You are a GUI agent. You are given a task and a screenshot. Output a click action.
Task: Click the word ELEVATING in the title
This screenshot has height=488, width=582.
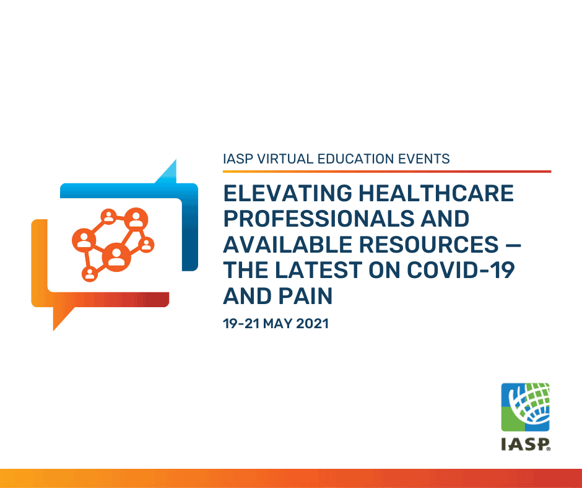tap(288, 193)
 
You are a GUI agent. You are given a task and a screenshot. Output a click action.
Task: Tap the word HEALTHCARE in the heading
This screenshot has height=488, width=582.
tap(436, 193)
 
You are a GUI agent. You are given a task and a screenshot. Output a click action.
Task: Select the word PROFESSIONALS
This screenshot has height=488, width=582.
tap(318, 219)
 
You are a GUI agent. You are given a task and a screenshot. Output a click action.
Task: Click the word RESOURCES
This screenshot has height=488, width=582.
tap(428, 245)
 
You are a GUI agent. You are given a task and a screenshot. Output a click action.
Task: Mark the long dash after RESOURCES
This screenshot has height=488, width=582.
tap(513, 245)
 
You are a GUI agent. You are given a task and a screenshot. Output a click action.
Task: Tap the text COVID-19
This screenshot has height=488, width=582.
tap(461, 270)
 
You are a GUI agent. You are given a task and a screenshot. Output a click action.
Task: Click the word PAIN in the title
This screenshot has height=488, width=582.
tap(305, 296)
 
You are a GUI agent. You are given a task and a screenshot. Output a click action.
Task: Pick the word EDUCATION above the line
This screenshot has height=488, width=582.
tap(356, 159)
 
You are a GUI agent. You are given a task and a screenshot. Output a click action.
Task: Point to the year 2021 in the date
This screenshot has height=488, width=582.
tap(312, 323)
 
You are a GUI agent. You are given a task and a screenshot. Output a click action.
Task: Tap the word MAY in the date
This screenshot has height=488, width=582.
tap(277, 323)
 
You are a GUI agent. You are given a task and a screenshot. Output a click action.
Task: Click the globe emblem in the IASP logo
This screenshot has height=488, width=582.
tap(525, 407)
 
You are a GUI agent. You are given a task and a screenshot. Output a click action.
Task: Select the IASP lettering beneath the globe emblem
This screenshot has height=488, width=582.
tap(525, 444)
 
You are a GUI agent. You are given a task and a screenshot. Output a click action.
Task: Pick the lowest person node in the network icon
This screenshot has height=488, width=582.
tap(90, 274)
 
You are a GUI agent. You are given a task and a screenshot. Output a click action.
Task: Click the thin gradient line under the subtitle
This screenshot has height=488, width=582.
tap(387, 172)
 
